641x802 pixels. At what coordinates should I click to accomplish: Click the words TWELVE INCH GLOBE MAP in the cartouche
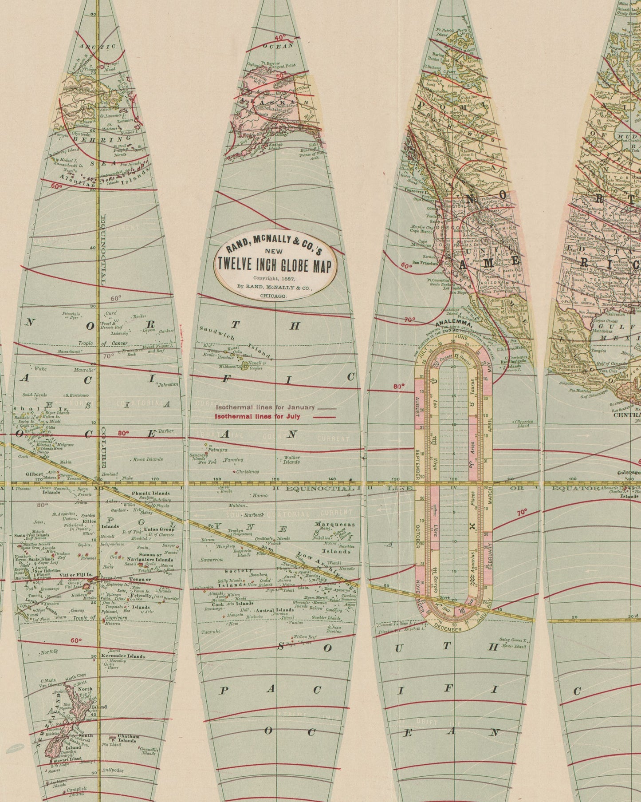pyautogui.click(x=275, y=265)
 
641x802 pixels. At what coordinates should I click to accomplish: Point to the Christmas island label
pyautogui.click(x=248, y=471)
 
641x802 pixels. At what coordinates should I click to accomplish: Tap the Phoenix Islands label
pyautogui.click(x=150, y=493)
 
